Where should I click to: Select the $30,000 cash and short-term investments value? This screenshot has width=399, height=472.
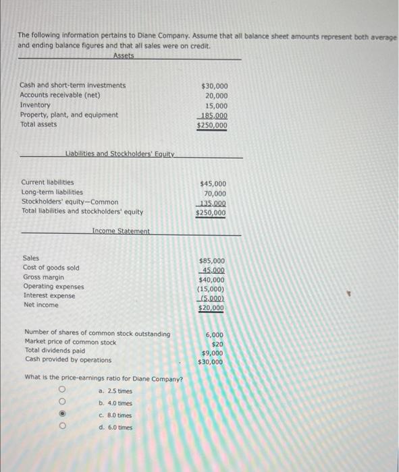pyautogui.click(x=215, y=86)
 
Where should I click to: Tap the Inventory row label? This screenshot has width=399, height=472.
pyautogui.click(x=35, y=105)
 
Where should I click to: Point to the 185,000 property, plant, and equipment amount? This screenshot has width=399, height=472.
pyautogui.click(x=213, y=115)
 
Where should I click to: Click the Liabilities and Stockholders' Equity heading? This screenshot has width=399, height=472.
pyautogui.click(x=120, y=154)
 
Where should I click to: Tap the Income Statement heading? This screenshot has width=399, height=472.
pyautogui.click(x=121, y=231)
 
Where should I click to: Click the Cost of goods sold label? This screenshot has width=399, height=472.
pyautogui.click(x=51, y=268)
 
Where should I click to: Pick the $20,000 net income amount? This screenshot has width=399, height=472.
pyautogui.click(x=212, y=308)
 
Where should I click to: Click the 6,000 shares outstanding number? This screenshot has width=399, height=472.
pyautogui.click(x=214, y=334)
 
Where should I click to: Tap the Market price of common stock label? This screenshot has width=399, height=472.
pyautogui.click(x=70, y=343)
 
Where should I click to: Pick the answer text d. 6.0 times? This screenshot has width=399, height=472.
pyautogui.click(x=115, y=427)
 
